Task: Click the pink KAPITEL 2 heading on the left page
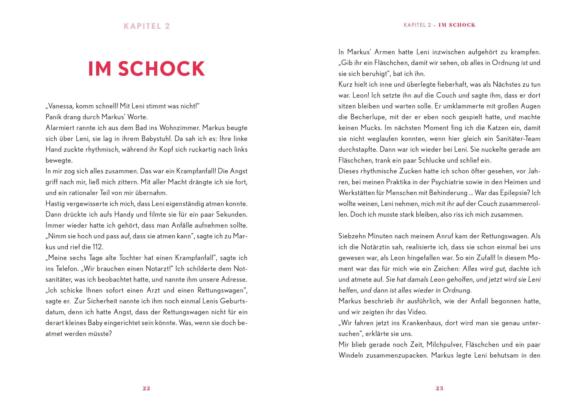pos(147,26)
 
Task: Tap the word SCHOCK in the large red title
pos(161,69)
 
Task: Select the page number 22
pos(146,388)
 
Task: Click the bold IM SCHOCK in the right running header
pos(457,25)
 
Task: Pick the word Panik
pos(53,117)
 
